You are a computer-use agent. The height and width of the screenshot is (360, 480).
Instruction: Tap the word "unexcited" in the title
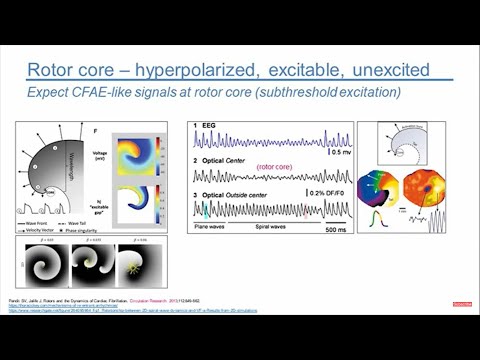(x=388, y=70)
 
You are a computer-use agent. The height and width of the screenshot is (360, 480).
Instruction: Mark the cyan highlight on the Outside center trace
(x=205, y=209)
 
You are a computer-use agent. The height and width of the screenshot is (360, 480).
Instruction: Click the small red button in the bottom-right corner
(x=461, y=303)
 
